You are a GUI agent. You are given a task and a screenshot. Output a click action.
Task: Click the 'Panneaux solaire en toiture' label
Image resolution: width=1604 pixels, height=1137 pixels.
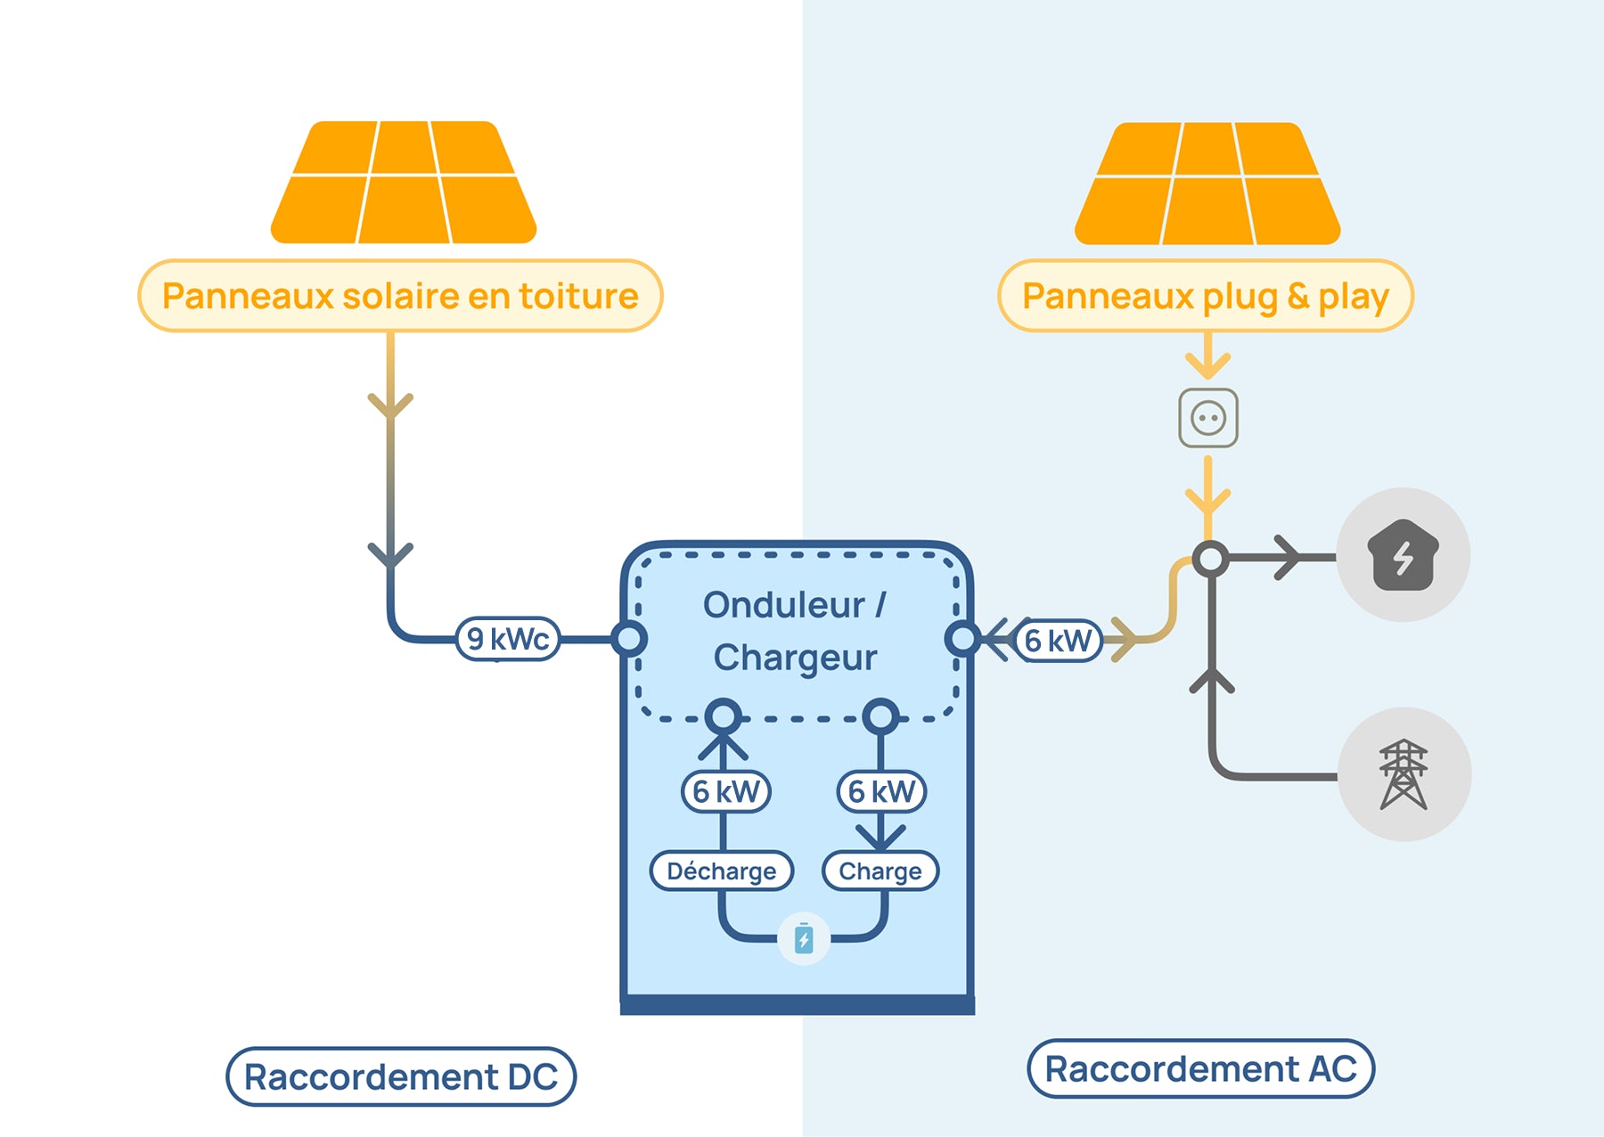point(400,296)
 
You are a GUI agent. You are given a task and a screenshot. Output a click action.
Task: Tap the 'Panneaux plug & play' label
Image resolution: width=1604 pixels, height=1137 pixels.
point(1205,296)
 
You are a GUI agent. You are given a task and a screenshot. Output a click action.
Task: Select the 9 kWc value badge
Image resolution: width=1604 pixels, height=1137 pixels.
point(508,639)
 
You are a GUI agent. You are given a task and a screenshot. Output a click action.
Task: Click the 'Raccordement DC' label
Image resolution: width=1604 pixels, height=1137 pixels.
point(401,1076)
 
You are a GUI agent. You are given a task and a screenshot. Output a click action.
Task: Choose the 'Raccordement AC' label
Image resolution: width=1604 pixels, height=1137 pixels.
point(1200,1068)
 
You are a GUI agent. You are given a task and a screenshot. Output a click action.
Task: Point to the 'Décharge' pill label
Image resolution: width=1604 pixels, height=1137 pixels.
point(721,871)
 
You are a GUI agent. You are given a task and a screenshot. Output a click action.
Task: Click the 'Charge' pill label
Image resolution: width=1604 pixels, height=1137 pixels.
point(880,871)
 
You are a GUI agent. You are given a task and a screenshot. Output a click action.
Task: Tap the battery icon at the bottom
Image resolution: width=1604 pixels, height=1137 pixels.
point(804,939)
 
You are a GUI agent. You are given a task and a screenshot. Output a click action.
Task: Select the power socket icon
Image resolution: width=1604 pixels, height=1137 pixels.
point(1208,418)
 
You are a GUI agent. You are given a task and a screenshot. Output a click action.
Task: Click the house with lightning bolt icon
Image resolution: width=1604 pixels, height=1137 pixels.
point(1403,555)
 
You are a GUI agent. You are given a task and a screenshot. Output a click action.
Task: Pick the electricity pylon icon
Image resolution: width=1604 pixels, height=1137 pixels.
point(1403,774)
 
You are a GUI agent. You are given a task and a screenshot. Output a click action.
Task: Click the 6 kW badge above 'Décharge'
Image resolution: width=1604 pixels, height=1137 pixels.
point(725,791)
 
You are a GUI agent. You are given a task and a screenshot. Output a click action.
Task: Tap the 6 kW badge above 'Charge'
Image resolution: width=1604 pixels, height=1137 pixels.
point(881,791)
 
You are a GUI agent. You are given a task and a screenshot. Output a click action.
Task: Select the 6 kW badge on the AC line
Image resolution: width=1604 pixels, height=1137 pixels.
point(1058,640)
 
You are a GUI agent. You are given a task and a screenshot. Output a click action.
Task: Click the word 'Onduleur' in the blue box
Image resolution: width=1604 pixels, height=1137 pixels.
point(783,605)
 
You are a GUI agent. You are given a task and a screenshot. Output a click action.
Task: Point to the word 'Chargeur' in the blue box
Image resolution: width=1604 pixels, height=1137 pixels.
point(795,658)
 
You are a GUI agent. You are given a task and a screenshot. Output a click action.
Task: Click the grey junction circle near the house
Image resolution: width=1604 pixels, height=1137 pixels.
point(1211,559)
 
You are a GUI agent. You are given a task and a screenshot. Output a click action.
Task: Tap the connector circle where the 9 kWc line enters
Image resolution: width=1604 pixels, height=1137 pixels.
point(629,638)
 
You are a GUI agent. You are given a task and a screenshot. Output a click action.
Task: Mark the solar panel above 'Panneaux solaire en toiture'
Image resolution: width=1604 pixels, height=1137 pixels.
point(404,183)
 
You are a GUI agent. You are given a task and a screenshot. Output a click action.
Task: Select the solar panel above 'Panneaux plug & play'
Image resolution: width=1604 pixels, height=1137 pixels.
point(1207,184)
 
